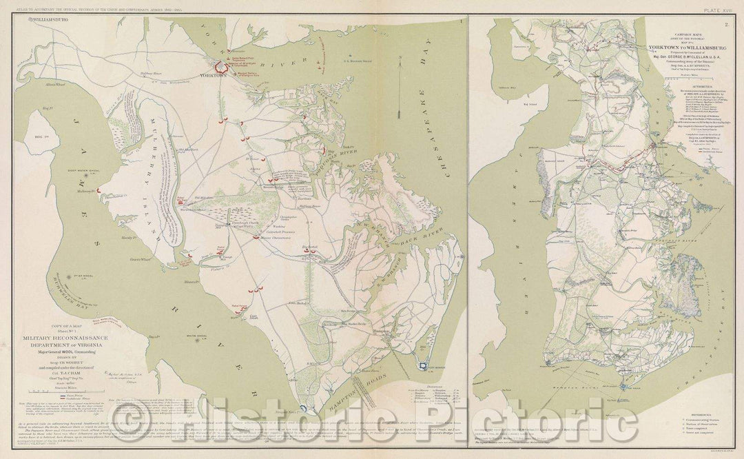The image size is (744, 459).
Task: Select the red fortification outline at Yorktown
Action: pos(223,67)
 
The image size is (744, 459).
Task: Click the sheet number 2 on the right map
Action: pos(725,25)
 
